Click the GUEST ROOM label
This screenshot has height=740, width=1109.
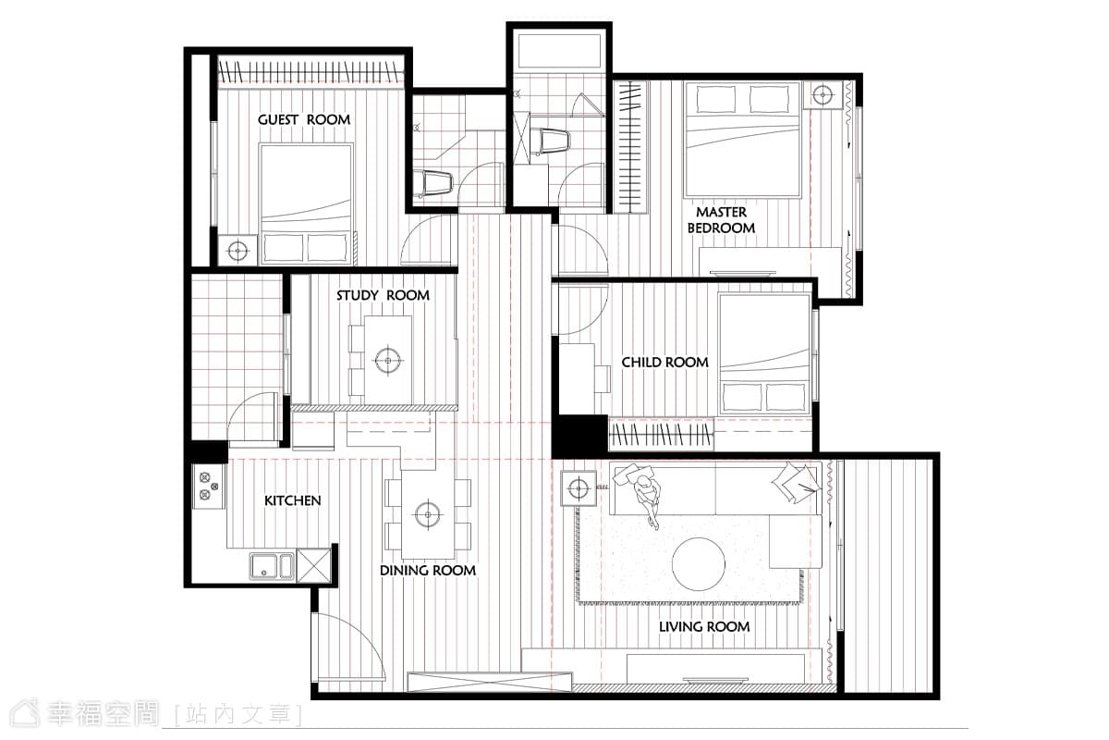(x=304, y=119)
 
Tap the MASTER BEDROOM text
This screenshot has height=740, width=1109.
(x=721, y=220)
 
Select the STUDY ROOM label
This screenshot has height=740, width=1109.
(x=383, y=295)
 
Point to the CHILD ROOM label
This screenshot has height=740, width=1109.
(x=664, y=363)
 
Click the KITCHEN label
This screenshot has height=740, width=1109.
(x=293, y=500)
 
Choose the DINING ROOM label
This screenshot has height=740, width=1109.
(x=428, y=571)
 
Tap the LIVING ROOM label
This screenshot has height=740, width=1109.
(x=704, y=626)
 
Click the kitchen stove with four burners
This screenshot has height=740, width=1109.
(x=209, y=487)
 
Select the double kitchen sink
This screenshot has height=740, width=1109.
(x=272, y=566)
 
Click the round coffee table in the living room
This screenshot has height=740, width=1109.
(x=698, y=564)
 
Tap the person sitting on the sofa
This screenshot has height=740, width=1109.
(x=648, y=499)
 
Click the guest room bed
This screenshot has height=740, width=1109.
(x=306, y=203)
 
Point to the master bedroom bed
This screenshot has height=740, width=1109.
(x=741, y=140)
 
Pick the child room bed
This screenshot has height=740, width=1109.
(x=764, y=354)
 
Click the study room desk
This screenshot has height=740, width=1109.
(x=387, y=360)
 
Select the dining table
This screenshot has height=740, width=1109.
(x=428, y=514)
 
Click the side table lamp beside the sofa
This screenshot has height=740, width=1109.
(x=578, y=488)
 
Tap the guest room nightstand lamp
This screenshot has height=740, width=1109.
(x=238, y=251)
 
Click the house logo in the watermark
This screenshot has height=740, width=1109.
(x=26, y=713)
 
